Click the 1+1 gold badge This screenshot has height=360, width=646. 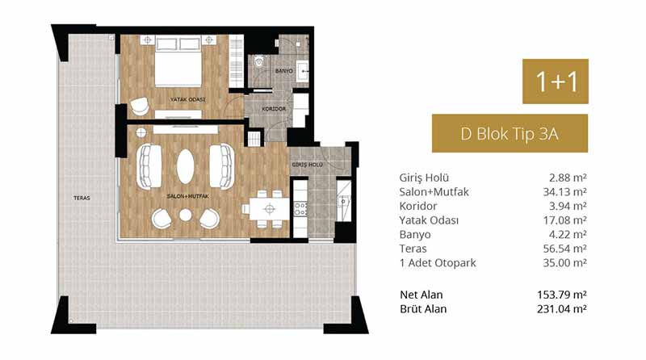click(x=556, y=82)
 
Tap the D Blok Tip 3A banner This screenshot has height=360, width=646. click(x=510, y=133)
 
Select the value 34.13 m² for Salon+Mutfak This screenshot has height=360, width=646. click(x=564, y=192)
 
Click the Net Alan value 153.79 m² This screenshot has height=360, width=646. click(x=562, y=295)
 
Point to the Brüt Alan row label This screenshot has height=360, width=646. click(x=423, y=309)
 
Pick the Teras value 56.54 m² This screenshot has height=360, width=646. click(x=564, y=249)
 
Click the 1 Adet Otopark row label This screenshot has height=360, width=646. click(x=438, y=263)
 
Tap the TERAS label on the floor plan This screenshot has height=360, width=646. click(x=82, y=198)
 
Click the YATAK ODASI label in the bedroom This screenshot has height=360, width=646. click(x=187, y=99)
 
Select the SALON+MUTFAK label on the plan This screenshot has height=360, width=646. click(x=187, y=196)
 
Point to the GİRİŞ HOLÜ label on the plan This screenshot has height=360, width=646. click(x=308, y=165)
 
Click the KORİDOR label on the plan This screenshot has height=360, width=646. click(x=274, y=109)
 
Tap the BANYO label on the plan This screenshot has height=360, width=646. click(x=284, y=71)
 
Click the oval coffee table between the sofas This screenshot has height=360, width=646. click(x=186, y=166)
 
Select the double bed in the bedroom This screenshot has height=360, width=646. click(x=178, y=62)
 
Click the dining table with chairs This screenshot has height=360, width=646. click(x=270, y=209)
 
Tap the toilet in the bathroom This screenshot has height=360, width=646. click(x=259, y=62)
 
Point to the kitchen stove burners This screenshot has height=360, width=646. click(x=300, y=208)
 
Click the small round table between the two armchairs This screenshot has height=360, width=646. click(x=186, y=215)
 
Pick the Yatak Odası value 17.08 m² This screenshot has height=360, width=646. click(x=564, y=220)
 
